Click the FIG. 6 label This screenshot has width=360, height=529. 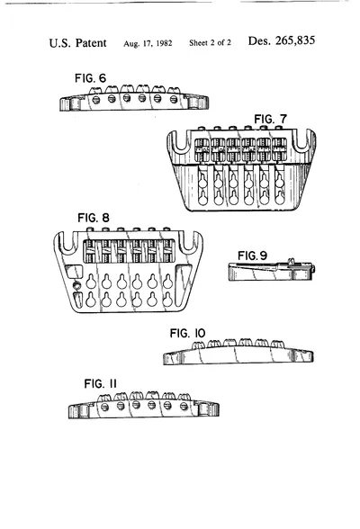[x=90, y=78]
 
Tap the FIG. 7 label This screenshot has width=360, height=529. [x=270, y=119]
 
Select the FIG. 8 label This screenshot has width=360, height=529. [x=94, y=218]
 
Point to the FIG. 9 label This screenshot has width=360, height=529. [x=252, y=256]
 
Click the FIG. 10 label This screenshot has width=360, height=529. [x=187, y=333]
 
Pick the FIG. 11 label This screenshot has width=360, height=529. [x=101, y=383]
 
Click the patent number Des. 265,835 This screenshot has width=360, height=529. [x=282, y=40]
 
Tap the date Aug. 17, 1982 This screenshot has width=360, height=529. [x=148, y=43]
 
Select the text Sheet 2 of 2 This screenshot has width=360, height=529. [x=211, y=43]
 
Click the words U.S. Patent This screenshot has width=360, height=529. [x=77, y=43]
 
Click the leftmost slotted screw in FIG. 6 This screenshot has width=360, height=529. [x=96, y=100]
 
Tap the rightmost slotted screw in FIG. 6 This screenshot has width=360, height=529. [x=174, y=99]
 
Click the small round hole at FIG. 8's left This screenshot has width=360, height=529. [x=77, y=285]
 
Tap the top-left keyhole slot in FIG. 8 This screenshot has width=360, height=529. [x=91, y=282]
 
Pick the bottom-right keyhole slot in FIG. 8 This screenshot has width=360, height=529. [x=167, y=299]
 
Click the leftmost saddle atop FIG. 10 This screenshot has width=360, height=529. [x=198, y=345]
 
